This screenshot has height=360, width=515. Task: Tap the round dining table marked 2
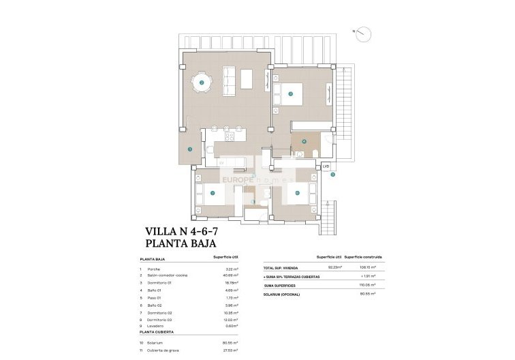(x=202, y=84)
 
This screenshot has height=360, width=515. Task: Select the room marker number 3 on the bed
(x=290, y=94)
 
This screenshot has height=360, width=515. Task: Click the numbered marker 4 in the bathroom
(x=305, y=142)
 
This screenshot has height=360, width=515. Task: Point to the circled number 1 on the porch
(x=190, y=149)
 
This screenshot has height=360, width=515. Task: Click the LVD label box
(x=326, y=166)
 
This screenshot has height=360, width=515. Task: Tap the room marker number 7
(x=213, y=193)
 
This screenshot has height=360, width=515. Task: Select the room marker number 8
(x=298, y=193)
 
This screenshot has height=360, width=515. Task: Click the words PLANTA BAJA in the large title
(x=181, y=243)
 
